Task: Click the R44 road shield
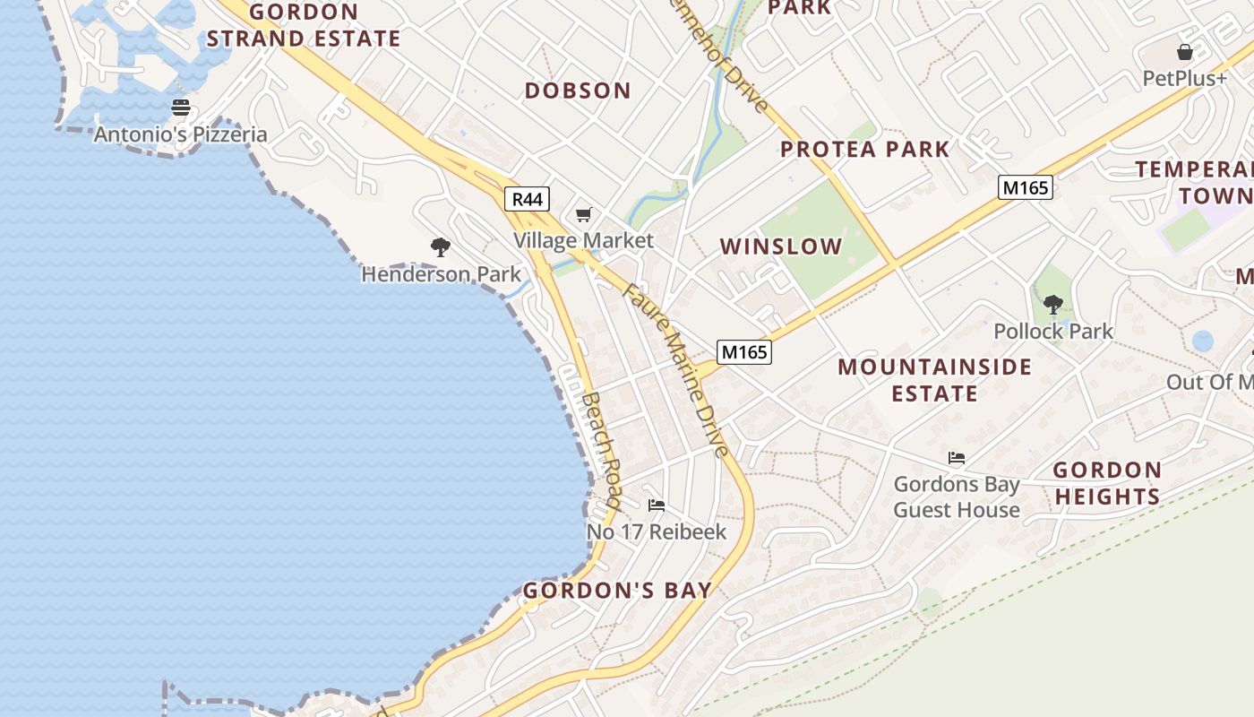tap(527, 199)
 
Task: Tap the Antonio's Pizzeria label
tap(181, 134)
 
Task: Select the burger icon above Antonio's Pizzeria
tap(181, 108)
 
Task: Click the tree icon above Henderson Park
tap(440, 247)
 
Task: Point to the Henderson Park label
tap(441, 274)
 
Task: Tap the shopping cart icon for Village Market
tap(584, 214)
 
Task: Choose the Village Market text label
tap(584, 240)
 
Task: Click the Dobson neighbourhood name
tap(578, 91)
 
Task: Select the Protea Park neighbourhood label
tap(864, 149)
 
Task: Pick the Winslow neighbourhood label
tap(781, 246)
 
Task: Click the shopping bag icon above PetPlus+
tap(1185, 52)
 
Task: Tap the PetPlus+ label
tap(1185, 79)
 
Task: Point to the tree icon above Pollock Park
tap(1053, 305)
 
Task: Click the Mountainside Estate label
tap(935, 380)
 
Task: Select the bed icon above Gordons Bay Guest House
tap(957, 458)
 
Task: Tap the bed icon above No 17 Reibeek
tap(657, 505)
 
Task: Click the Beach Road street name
tap(601, 451)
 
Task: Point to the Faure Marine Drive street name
tap(676, 369)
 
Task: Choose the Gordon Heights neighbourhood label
tap(1107, 483)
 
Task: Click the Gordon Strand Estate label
tap(304, 25)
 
